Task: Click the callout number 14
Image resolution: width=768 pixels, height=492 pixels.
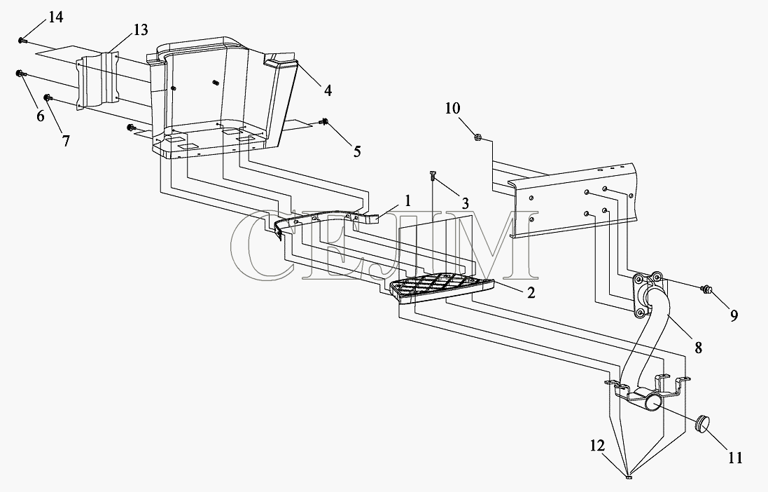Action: coord(55,18)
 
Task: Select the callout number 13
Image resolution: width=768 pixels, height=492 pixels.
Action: coord(141,29)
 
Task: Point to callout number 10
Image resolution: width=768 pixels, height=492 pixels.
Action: coord(453,109)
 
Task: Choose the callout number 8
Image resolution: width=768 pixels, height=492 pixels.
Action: coord(699,346)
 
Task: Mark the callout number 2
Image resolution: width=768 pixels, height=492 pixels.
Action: coord(531,294)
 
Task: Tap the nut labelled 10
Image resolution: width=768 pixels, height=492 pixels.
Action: coord(477,137)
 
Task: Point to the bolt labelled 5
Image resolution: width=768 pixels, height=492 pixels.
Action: coord(325,122)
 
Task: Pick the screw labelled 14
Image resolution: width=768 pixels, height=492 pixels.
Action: coord(22,41)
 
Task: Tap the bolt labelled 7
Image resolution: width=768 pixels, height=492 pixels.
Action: coord(47,97)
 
